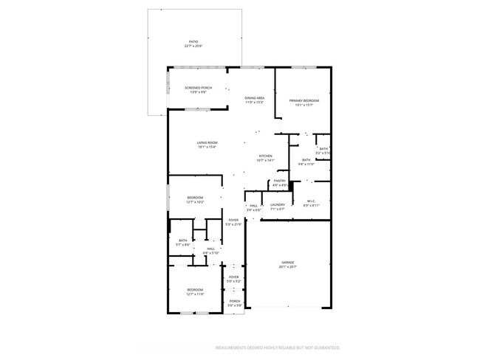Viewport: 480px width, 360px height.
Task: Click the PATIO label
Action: pos(193,43)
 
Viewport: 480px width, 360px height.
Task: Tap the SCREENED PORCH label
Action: pos(198,89)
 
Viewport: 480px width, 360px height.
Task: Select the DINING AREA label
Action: pos(255,99)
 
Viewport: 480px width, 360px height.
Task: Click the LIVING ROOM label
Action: pos(207,143)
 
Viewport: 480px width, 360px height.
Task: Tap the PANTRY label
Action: pos(280,181)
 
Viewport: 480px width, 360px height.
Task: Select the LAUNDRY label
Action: pos(278,205)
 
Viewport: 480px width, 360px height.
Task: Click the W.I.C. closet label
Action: pos(311,203)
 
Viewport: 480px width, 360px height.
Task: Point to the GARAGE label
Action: pos(287,263)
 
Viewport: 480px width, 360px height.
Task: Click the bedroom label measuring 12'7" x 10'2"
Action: pos(195,198)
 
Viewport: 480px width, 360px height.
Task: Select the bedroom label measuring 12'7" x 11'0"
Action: pos(195,290)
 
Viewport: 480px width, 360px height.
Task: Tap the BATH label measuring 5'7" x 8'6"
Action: pos(183,240)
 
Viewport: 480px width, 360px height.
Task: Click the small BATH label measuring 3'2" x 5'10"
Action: pos(323,149)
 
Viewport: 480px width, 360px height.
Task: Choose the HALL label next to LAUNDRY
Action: pos(253,206)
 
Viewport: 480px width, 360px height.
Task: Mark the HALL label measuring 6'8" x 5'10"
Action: pos(210,249)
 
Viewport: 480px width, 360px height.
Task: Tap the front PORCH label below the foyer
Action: pos(234,301)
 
